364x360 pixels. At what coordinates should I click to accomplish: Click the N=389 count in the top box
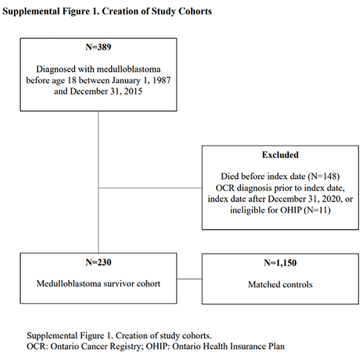[x=98, y=47]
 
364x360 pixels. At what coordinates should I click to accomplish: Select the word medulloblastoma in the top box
[x=129, y=69]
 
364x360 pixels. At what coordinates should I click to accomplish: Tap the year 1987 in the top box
[x=161, y=80]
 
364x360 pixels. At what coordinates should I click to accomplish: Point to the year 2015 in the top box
[x=133, y=91]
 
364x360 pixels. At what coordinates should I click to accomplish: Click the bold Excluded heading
[x=280, y=155]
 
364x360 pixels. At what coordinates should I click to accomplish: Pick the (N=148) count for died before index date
[x=323, y=176]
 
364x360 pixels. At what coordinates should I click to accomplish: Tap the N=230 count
[x=98, y=262]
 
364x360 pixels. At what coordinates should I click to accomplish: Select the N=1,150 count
[x=280, y=263]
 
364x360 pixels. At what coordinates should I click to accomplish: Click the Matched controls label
[x=280, y=284]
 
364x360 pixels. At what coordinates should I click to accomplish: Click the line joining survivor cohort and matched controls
[x=189, y=279]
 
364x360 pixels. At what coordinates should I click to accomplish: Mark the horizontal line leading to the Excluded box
[x=150, y=188]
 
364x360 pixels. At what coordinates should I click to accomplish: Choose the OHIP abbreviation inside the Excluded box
[x=291, y=210]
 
